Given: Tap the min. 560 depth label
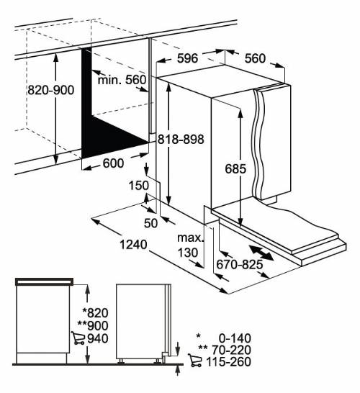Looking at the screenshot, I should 122,79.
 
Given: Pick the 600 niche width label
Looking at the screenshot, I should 113,163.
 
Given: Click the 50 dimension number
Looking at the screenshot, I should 150,222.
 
